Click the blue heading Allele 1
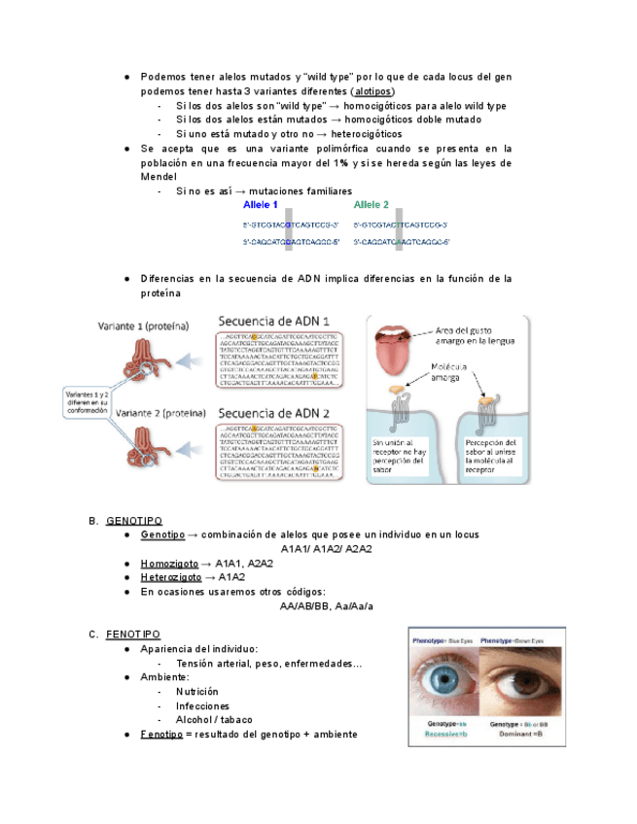pos(261,206)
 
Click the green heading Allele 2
pos(371,205)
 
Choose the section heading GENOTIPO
pos(134,521)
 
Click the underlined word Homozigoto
pos(168,564)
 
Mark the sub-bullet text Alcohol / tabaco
pos(213,720)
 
